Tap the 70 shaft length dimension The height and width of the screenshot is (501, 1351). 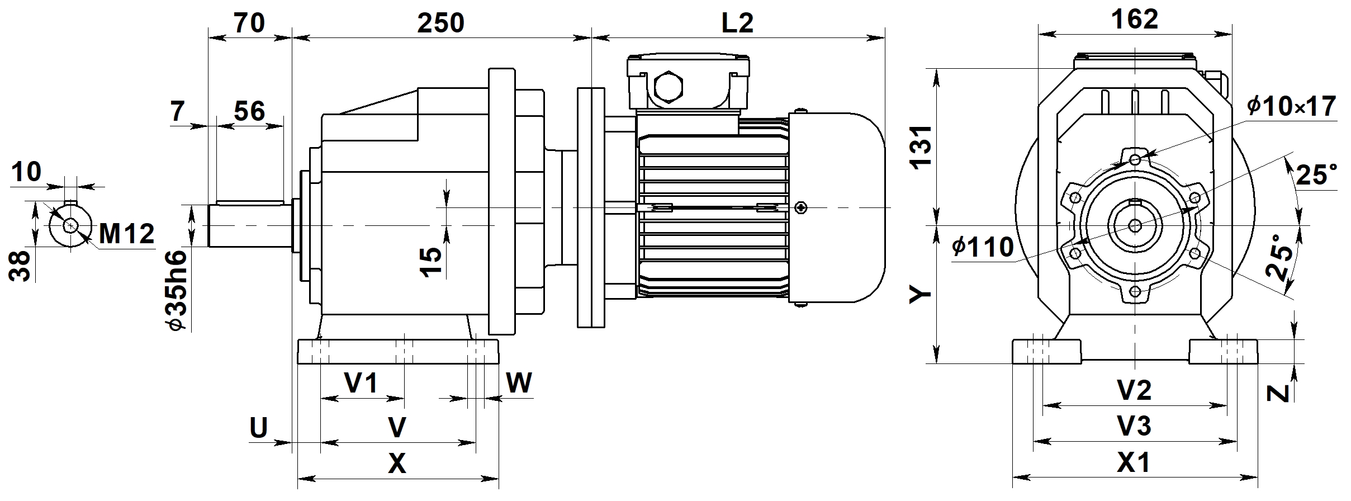(x=249, y=23)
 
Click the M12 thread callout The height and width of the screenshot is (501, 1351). (x=126, y=234)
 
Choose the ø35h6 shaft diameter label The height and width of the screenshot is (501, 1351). (x=178, y=290)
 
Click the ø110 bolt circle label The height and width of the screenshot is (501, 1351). (x=983, y=247)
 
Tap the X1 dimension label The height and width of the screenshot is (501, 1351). (x=1134, y=462)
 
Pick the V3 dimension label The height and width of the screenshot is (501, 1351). (x=1134, y=426)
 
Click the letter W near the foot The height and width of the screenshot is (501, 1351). (x=519, y=384)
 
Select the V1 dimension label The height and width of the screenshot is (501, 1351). (x=361, y=384)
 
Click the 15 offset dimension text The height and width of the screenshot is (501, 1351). (x=431, y=262)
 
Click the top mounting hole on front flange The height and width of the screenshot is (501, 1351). (x=1135, y=160)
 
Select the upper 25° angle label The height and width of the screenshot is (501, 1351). (x=1317, y=175)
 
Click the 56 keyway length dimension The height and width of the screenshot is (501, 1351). (x=249, y=111)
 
